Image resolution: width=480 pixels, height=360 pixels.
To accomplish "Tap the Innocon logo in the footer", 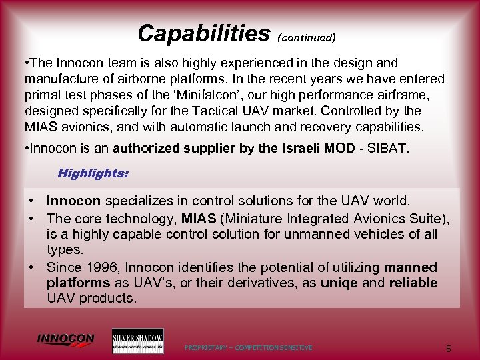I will point(65,340).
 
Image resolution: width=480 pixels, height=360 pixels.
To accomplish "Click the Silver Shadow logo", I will point(137,341).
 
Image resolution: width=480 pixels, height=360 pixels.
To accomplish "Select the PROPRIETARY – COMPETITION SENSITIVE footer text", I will point(248,348).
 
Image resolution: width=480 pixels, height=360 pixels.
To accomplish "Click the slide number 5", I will point(449,348).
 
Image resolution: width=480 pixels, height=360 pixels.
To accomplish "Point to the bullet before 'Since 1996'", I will point(31,267).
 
